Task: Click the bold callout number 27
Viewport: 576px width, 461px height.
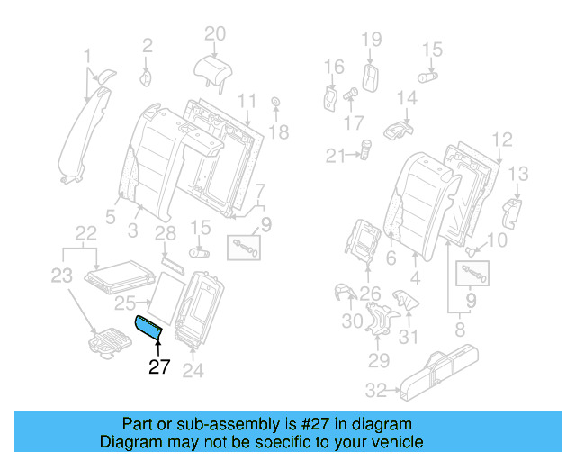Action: (158, 366)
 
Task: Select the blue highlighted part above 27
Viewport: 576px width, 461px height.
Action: (148, 330)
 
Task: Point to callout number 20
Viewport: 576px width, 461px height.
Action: (214, 34)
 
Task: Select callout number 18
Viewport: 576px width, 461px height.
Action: (279, 132)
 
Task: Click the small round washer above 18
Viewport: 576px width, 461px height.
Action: (274, 102)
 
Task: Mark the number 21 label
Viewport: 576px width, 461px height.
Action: (336, 157)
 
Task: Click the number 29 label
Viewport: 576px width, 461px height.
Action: (377, 360)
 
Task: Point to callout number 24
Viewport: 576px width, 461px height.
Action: (193, 370)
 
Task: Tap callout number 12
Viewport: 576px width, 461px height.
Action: (502, 139)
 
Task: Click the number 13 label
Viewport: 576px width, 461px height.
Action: (520, 173)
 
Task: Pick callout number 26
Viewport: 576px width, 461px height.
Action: (370, 291)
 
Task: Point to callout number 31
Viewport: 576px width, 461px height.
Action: (409, 337)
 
